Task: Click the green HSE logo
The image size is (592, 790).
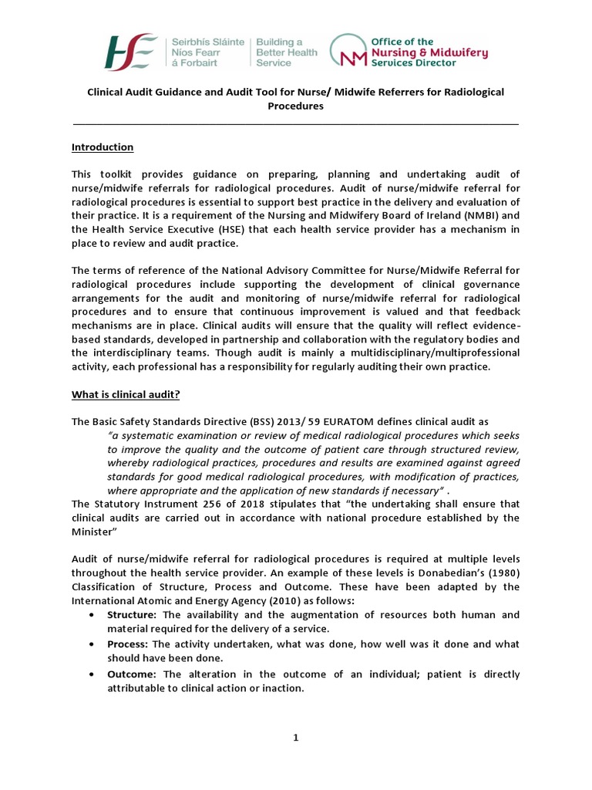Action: click(x=132, y=52)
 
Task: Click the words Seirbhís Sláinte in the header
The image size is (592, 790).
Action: click(x=209, y=41)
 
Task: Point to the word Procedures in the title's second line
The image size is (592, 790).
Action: click(x=295, y=106)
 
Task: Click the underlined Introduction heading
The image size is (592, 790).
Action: click(x=103, y=147)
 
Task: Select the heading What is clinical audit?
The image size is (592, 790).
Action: click(x=126, y=395)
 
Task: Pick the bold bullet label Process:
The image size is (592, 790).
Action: click(x=128, y=644)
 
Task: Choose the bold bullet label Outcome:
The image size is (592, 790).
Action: click(x=131, y=674)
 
